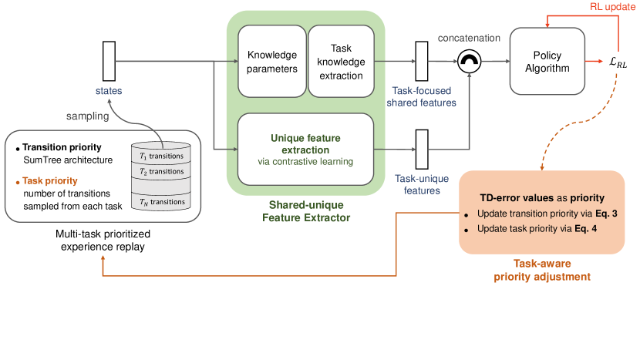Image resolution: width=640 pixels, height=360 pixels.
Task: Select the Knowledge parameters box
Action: pos(272,62)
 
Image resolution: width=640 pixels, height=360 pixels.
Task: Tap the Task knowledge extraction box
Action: pos(339,62)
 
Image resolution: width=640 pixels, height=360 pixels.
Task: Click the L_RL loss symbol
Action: pos(618,63)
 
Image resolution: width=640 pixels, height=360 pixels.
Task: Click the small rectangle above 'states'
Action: pos(109,59)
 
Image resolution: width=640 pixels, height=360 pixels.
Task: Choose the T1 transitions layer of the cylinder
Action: pos(163,156)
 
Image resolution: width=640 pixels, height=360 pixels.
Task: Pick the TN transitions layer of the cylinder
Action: pos(163,201)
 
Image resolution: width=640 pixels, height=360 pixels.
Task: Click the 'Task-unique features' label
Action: pos(421,184)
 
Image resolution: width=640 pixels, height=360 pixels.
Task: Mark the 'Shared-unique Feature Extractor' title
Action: pos(305,210)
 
